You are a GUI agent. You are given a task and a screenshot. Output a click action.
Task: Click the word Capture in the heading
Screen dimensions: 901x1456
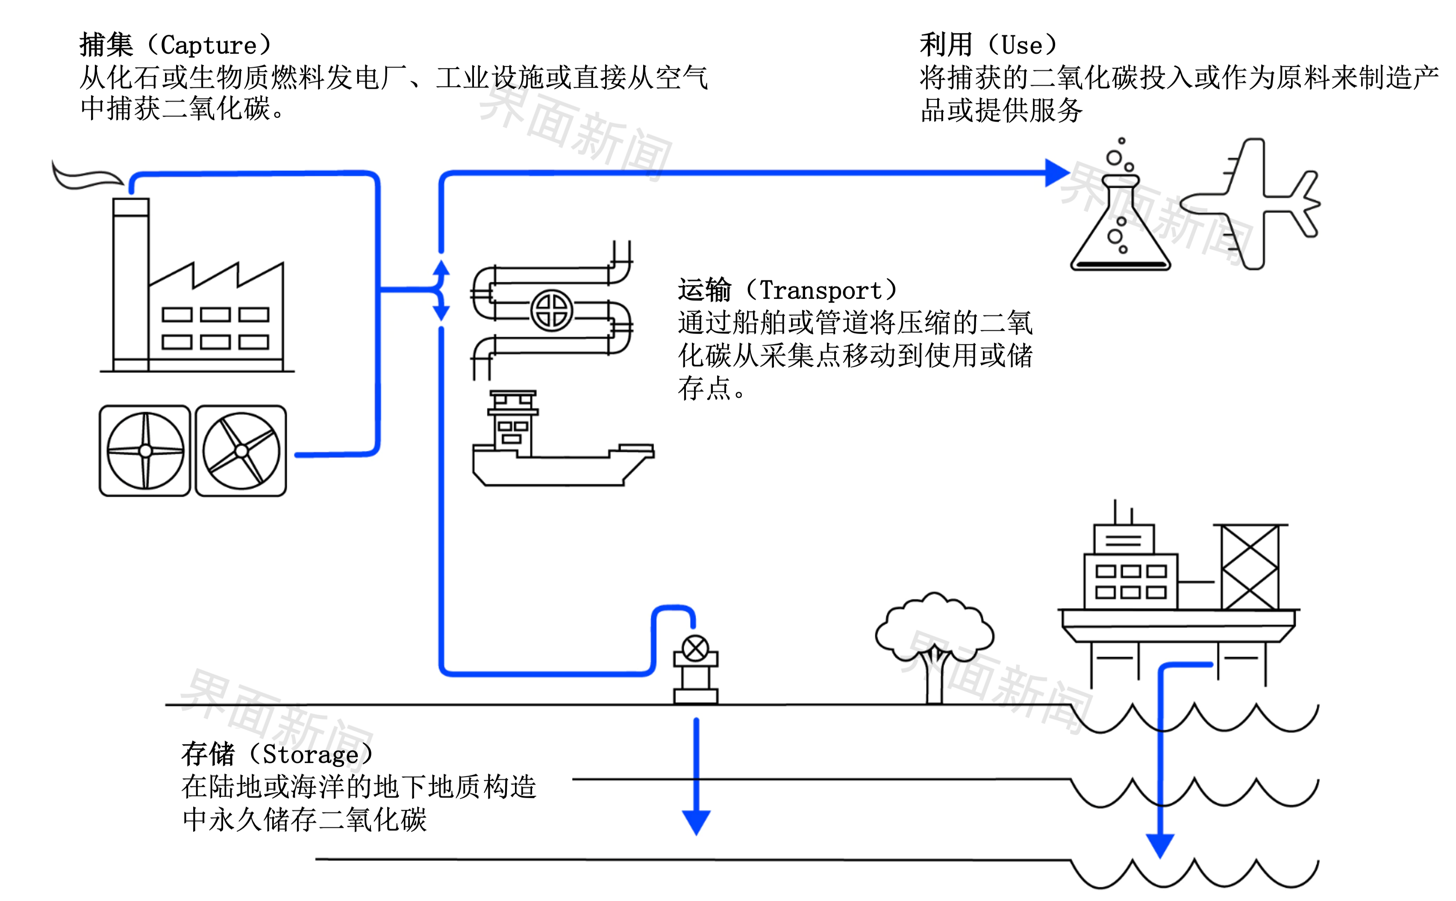pyautogui.click(x=209, y=45)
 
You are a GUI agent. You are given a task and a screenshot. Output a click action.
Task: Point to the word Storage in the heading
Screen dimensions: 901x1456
pyautogui.click(x=311, y=755)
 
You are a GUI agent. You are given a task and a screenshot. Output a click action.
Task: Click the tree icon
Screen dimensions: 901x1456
pyautogui.click(x=934, y=644)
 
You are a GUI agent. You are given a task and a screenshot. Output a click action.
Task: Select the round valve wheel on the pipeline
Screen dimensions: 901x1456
pyautogui.click(x=552, y=310)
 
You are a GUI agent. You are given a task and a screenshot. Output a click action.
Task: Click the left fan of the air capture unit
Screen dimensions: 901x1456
pyautogui.click(x=145, y=451)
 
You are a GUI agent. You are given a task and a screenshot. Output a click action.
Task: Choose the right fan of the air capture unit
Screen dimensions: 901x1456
pyautogui.click(x=241, y=451)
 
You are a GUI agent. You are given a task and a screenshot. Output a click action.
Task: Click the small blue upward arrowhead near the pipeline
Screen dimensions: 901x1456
pyautogui.click(x=441, y=269)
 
